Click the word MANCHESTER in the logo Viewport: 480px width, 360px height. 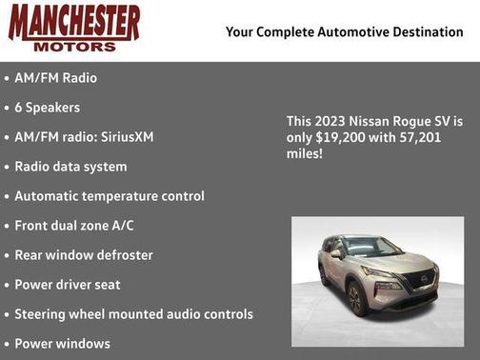coord(74,22)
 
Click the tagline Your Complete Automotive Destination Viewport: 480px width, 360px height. coord(344,32)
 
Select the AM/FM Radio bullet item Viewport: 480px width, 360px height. coord(55,78)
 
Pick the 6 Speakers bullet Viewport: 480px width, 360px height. coord(47,108)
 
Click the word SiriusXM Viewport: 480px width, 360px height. coord(124,137)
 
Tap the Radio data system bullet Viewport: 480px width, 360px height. coord(70,167)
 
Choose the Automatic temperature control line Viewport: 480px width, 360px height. coord(109,196)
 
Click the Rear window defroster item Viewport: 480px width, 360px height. coord(84,255)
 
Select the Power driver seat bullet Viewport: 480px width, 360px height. coord(68,285)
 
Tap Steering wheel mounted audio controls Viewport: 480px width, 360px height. coord(133,314)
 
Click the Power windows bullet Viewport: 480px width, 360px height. coord(62,344)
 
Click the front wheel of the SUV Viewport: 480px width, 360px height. coord(356,298)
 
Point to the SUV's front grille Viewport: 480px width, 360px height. coord(417,281)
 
